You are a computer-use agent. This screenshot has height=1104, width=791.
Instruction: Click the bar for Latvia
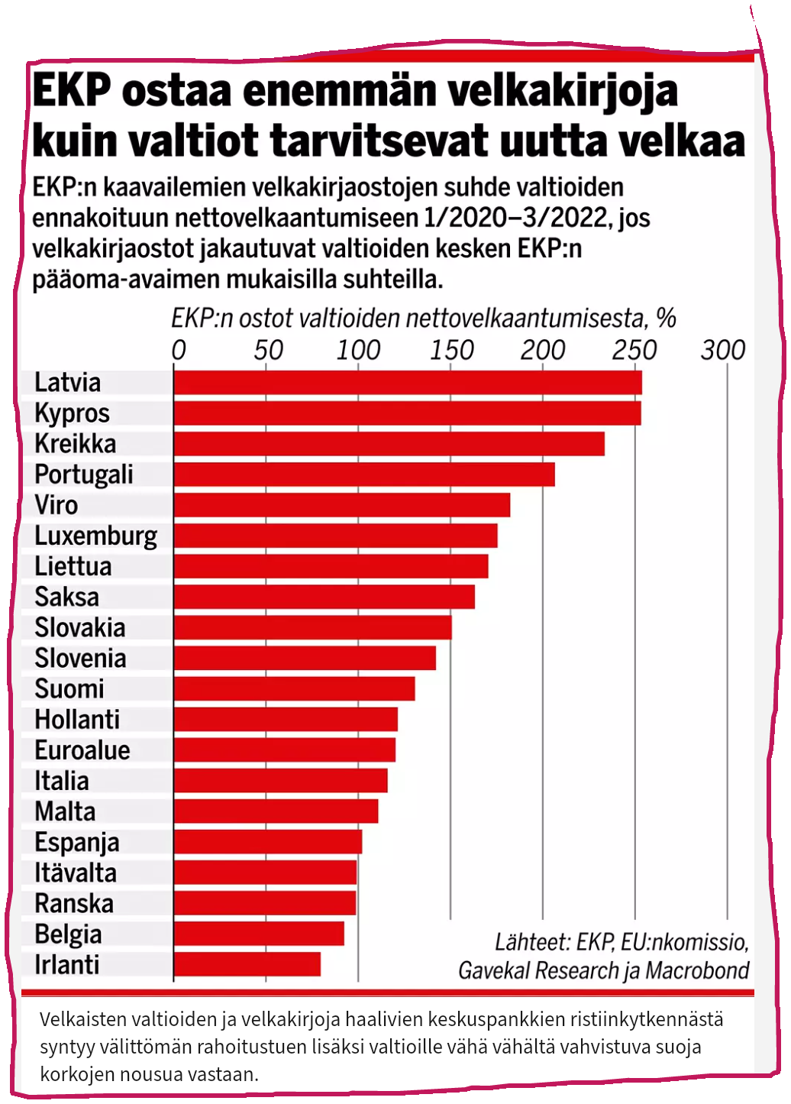pyautogui.click(x=408, y=383)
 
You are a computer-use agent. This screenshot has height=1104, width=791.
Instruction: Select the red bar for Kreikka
pyautogui.click(x=389, y=444)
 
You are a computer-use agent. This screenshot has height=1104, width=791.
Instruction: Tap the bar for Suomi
pyautogui.click(x=295, y=688)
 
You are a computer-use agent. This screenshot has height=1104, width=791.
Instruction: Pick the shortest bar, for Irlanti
pyautogui.click(x=247, y=964)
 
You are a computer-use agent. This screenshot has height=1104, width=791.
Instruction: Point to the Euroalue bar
pyautogui.click(x=285, y=749)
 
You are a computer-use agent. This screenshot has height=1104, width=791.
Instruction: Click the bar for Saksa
pyautogui.click(x=324, y=597)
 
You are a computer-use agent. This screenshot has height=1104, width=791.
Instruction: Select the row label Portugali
pyautogui.click(x=84, y=474)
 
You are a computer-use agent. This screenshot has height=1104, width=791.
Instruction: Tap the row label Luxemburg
pyautogui.click(x=96, y=536)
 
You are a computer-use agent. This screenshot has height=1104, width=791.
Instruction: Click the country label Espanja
pyautogui.click(x=77, y=842)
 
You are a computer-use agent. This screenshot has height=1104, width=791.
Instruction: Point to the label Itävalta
pyautogui.click(x=76, y=873)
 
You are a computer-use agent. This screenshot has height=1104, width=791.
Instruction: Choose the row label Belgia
pyautogui.click(x=68, y=934)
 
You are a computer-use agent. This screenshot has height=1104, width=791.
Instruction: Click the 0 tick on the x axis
pyautogui.click(x=179, y=350)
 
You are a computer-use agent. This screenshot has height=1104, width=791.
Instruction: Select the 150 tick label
pyautogui.click(x=451, y=350)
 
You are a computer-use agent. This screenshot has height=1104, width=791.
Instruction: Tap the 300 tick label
pyautogui.click(x=722, y=350)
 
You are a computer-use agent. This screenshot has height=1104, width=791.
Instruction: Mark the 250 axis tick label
pyautogui.click(x=634, y=350)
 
